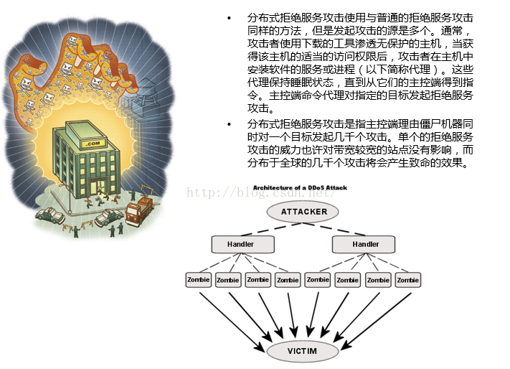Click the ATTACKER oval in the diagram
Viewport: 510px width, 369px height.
click(304, 212)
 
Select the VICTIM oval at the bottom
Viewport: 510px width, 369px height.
click(303, 352)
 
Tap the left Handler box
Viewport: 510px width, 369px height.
click(240, 245)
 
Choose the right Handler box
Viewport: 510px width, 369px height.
click(365, 245)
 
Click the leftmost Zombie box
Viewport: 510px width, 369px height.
click(198, 279)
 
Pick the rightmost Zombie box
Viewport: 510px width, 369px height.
click(408, 279)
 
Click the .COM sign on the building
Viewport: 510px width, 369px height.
click(92, 144)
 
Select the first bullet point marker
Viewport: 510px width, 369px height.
click(229, 17)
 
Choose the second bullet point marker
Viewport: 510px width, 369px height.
click(229, 124)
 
